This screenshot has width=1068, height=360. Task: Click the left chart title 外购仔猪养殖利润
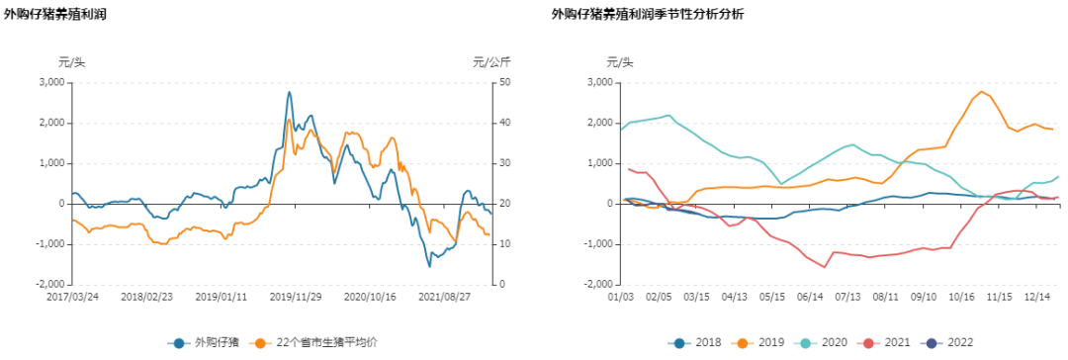point(55,14)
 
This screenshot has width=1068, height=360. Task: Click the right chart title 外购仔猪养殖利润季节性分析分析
point(649,14)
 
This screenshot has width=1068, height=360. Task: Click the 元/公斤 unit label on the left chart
point(491,62)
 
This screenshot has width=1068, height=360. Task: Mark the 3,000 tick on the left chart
point(49,82)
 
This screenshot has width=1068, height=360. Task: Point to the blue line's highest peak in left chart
point(289,92)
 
